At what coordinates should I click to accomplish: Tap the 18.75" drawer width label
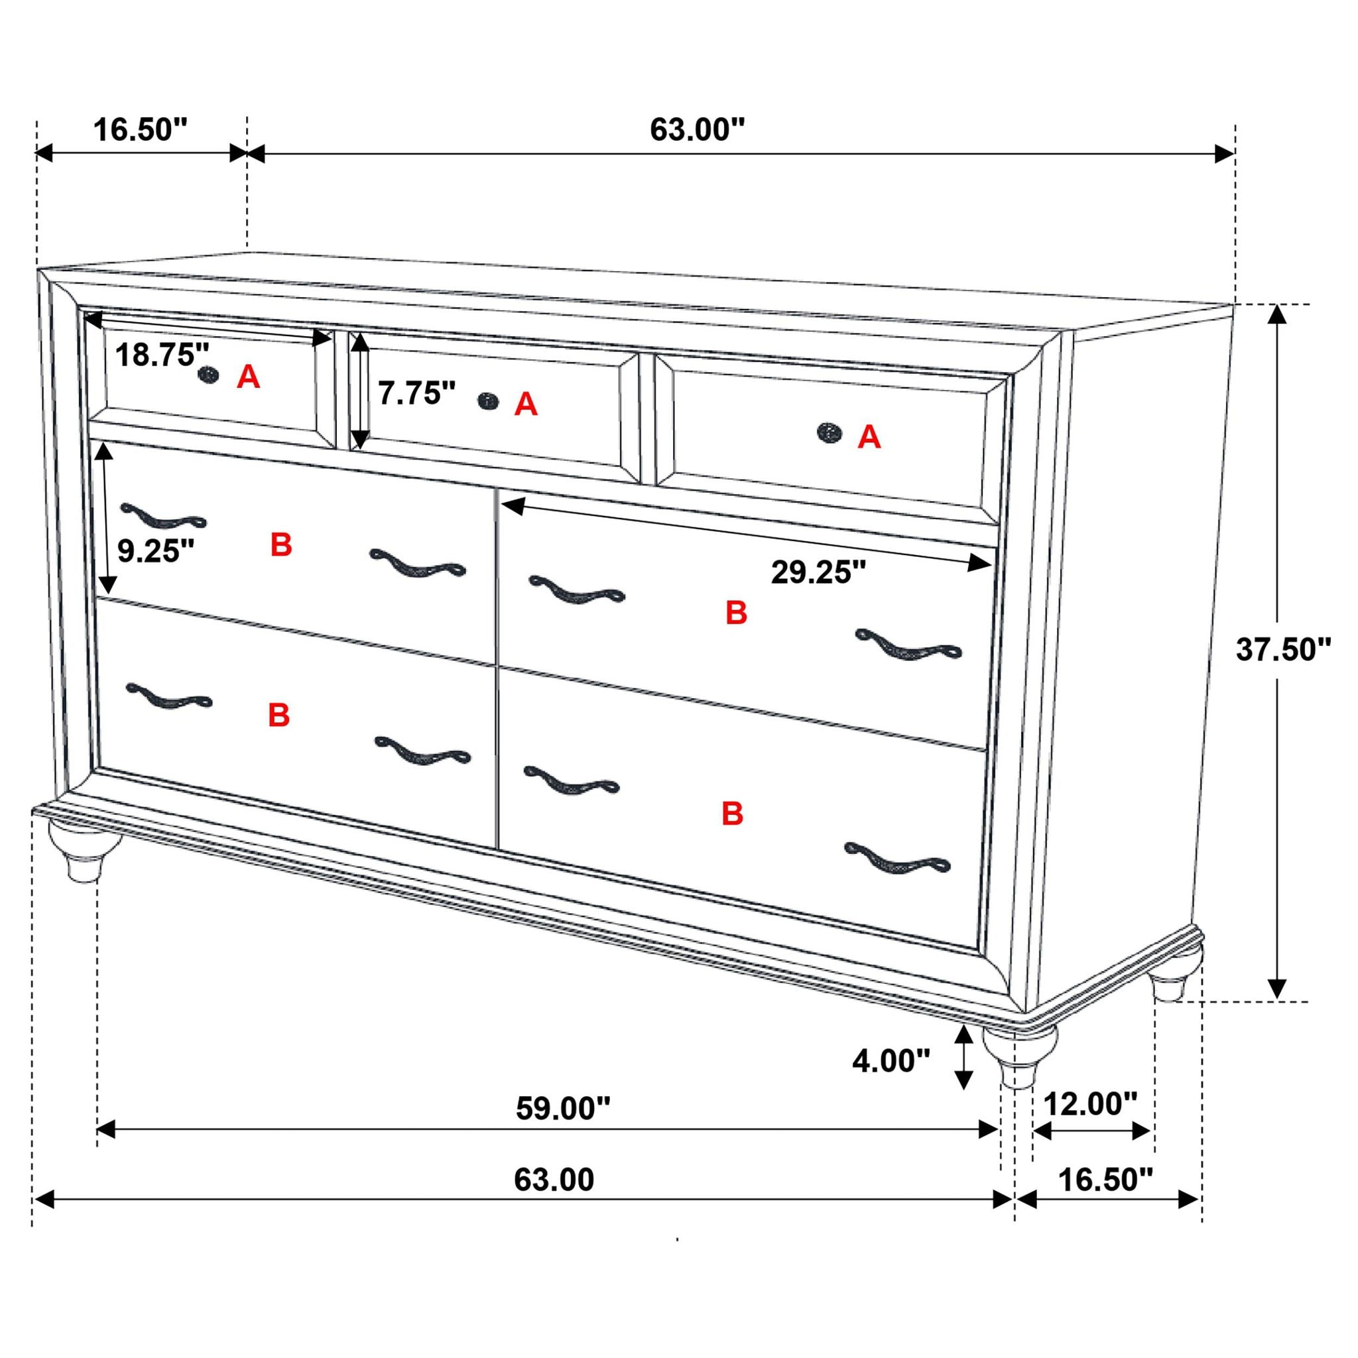[x=162, y=355]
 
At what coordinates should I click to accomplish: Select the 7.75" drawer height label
[x=418, y=393]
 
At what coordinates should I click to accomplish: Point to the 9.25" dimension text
[x=155, y=551]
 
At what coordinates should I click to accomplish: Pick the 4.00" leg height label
[x=891, y=1061]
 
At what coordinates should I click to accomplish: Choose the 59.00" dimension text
[x=563, y=1109]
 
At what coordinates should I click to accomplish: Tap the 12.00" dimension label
[x=1090, y=1104]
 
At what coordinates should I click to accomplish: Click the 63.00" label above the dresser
[x=697, y=130]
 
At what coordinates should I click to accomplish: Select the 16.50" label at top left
[x=141, y=130]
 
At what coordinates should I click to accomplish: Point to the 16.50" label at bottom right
[x=1105, y=1180]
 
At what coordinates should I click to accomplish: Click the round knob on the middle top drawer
[x=487, y=401]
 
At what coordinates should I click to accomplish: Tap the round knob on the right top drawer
[x=830, y=432]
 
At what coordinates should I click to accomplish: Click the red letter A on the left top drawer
[x=248, y=377]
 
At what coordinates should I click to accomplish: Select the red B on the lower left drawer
[x=279, y=715]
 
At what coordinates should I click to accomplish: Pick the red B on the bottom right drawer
[x=733, y=814]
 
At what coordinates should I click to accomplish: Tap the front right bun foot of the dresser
[x=1019, y=1054]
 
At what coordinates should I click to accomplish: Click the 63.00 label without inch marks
[x=554, y=1180]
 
